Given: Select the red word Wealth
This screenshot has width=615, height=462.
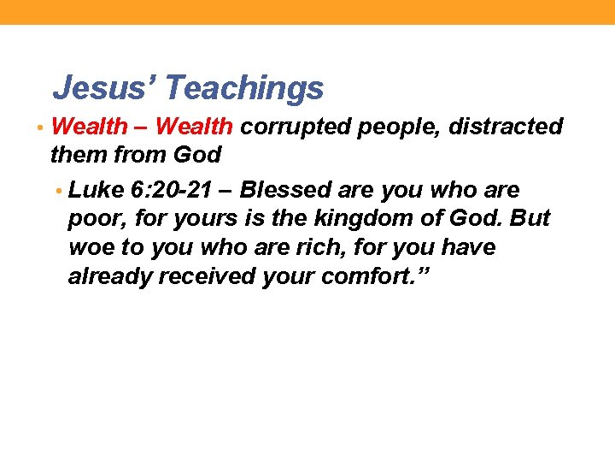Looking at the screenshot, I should [194, 127].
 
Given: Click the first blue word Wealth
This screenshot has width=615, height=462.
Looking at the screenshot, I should [89, 127].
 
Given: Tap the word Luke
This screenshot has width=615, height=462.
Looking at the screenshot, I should [96, 189].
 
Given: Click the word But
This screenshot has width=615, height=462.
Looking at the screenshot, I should [530, 218].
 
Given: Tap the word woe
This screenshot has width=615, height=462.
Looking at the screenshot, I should [90, 247].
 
